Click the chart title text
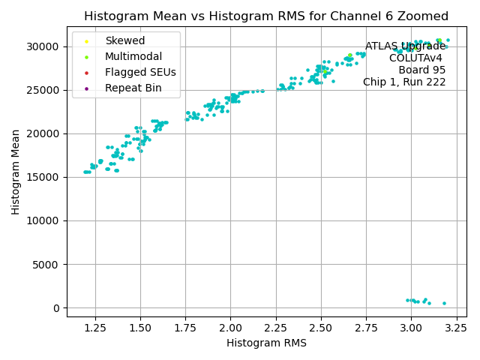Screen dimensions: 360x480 pos(266,16)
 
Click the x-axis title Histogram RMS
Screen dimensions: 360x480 pos(266,343)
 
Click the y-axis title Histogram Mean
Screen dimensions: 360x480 pos(16,172)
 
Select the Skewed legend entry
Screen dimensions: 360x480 pos(124,40)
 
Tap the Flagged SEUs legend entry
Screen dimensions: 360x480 pos(140,73)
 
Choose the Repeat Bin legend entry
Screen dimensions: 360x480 pos(133,88)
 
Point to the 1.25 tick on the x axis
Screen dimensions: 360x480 pos(95,328)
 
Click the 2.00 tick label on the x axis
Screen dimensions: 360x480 pos(230,328)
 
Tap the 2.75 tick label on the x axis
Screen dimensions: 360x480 pos(366,328)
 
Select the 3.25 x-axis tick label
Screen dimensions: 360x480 pos(456,328)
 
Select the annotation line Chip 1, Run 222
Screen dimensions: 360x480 pos(404,82)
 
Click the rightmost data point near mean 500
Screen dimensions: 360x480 pos(444,303)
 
